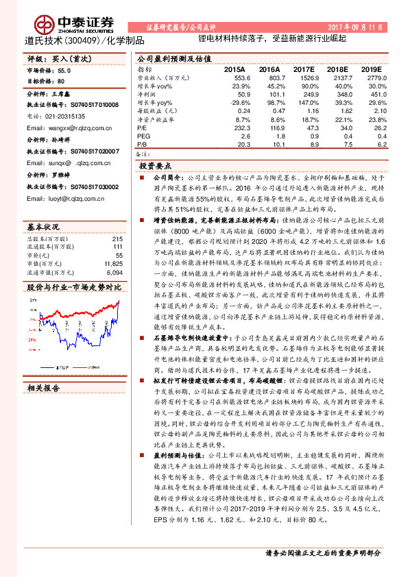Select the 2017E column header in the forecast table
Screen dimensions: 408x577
click(304, 69)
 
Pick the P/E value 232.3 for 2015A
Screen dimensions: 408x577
click(235, 127)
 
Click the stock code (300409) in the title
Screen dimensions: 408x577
click(82, 41)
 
